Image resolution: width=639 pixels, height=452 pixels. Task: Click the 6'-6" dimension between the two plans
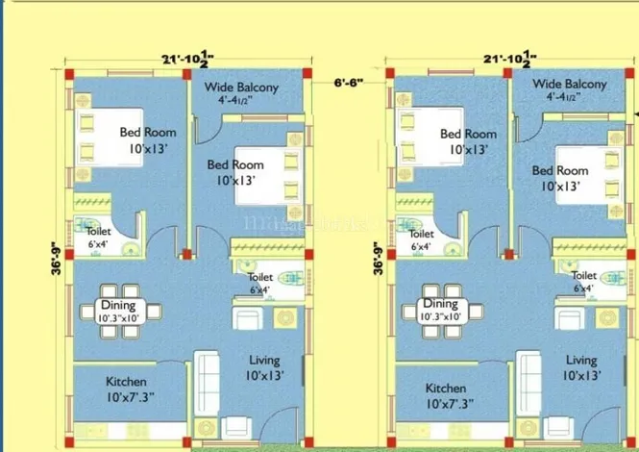348,84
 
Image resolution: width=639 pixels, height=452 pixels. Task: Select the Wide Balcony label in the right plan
570,85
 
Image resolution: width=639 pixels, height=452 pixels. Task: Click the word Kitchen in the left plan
126,381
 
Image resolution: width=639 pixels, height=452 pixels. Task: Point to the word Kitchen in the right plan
446,389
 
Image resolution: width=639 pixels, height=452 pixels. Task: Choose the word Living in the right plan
581,361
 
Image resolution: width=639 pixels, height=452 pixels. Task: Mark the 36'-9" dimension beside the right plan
378,258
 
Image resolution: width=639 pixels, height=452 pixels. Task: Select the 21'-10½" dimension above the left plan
188,61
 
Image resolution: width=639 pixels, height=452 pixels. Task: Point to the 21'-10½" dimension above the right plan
509,61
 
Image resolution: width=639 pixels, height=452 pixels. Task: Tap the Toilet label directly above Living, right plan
584,275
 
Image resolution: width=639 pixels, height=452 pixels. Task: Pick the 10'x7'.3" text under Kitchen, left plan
132,396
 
